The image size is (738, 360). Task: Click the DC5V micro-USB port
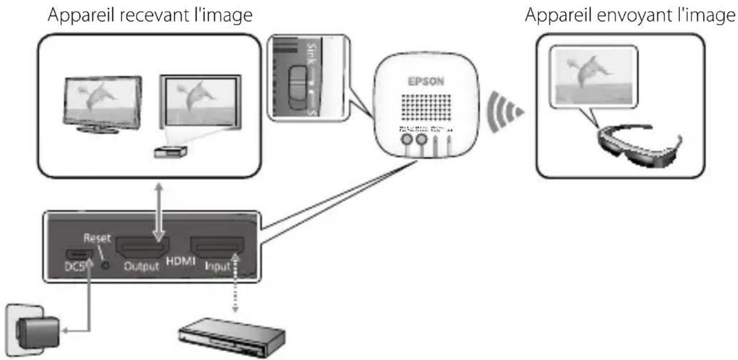pyautogui.click(x=76, y=253)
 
